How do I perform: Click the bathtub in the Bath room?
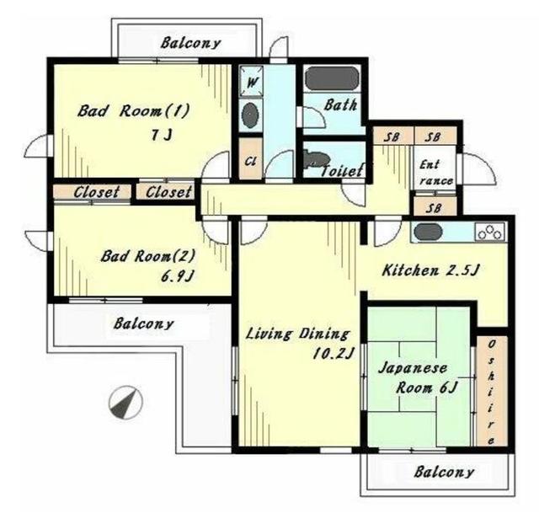[332, 78]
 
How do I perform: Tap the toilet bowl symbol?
[317, 159]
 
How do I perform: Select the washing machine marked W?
[252, 81]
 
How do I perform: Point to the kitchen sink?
[428, 232]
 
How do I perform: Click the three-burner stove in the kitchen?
[490, 232]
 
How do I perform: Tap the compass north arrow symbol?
[125, 402]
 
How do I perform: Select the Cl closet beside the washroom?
[251, 158]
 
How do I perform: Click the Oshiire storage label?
[492, 392]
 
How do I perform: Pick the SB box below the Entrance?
[435, 207]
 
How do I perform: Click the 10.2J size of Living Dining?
[334, 353]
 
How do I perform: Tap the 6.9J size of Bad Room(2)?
[178, 275]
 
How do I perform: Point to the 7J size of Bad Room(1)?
[161, 135]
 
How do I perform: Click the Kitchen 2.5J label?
[430, 270]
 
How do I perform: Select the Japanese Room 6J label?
[418, 378]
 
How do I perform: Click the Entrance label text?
[435, 172]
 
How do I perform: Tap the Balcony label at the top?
[190, 43]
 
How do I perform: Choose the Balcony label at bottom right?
[444, 472]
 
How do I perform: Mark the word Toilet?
[342, 171]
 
